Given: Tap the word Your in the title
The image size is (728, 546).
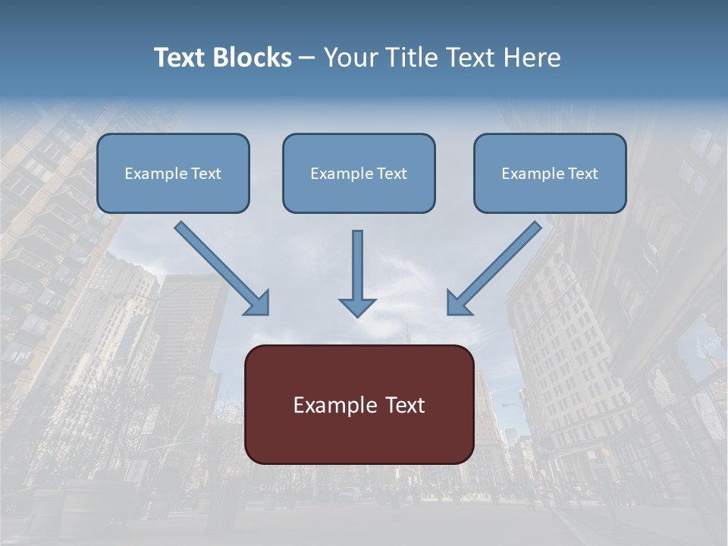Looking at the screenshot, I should [350, 58].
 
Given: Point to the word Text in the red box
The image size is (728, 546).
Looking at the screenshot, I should [403, 405].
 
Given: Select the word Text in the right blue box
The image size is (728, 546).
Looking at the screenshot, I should [582, 174].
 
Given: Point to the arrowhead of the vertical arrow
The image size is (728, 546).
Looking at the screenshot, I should [358, 307].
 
